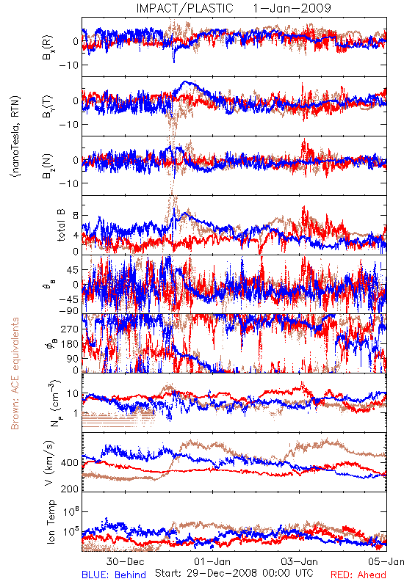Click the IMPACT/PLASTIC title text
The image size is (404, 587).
pos(184,8)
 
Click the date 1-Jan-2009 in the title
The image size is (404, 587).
pos(292,8)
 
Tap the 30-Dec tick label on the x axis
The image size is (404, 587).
pos(125,561)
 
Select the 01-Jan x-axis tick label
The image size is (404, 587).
pos(212,561)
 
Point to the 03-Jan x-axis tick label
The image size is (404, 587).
pos(300,561)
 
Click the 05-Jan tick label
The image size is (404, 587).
pos(386,561)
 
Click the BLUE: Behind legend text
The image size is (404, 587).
pos(114,575)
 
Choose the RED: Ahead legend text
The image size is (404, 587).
pos(358,575)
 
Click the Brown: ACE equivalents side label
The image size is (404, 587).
pos(15,373)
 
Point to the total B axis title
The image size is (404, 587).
pos(61,225)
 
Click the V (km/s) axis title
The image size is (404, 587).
pos(49,463)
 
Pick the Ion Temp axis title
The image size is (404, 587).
pos(51,522)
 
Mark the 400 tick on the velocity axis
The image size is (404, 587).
pos(70,463)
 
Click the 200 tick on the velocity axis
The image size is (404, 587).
pos(70,488)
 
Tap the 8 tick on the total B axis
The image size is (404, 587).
pos(76,216)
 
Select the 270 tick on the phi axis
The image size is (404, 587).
pos(70,329)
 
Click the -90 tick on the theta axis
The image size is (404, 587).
pos(69,310)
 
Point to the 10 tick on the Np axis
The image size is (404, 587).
pos(73,394)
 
